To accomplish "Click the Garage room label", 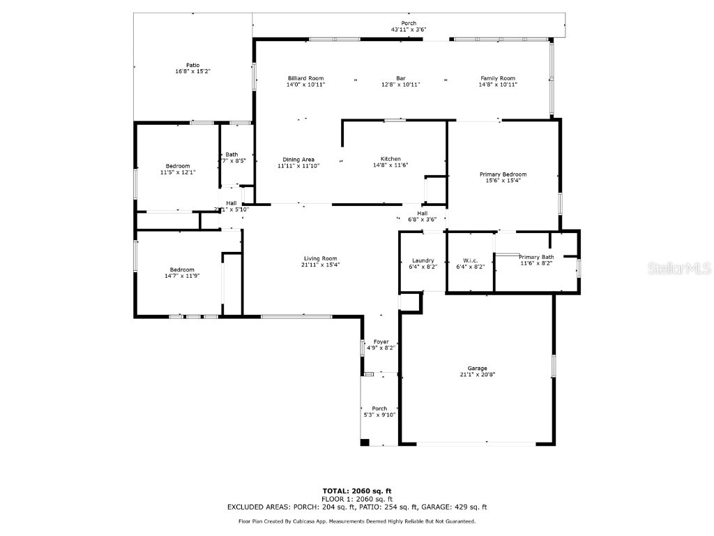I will (478, 368).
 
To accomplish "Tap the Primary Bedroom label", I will (503, 174).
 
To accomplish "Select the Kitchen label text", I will (390, 158).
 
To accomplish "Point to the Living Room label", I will (320, 258).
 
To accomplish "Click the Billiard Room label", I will (306, 78).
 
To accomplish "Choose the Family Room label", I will (498, 78).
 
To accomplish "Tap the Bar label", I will (401, 78).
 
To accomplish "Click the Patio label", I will (192, 65).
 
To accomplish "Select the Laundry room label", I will (423, 260).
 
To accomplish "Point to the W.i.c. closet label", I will (470, 260).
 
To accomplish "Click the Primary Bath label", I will (537, 257).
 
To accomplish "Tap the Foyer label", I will (381, 341).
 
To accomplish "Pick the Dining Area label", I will (298, 159).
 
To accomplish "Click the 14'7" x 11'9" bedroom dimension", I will (183, 276).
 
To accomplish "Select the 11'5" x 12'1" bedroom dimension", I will (178, 172).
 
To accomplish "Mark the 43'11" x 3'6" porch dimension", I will (409, 29).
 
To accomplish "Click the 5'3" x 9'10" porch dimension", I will (379, 415).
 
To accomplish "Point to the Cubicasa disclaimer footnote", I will (357, 521).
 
